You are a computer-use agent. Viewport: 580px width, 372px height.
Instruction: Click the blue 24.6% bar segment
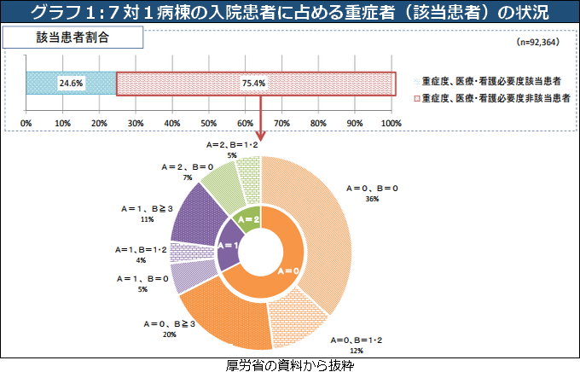tap(71, 84)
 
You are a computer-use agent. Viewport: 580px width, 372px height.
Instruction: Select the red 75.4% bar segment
tap(255, 84)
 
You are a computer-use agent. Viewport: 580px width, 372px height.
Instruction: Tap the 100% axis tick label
tap(391, 124)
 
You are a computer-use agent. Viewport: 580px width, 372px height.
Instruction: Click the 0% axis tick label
tap(26, 124)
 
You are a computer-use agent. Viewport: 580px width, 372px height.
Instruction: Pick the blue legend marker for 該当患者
tap(416, 80)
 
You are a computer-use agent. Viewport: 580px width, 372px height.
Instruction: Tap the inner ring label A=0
tap(289, 270)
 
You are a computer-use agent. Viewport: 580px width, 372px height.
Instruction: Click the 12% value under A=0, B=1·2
tap(356, 350)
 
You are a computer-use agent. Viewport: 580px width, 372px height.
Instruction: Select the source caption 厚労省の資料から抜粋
tap(290, 364)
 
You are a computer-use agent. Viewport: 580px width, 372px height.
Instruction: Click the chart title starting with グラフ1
tap(290, 13)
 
